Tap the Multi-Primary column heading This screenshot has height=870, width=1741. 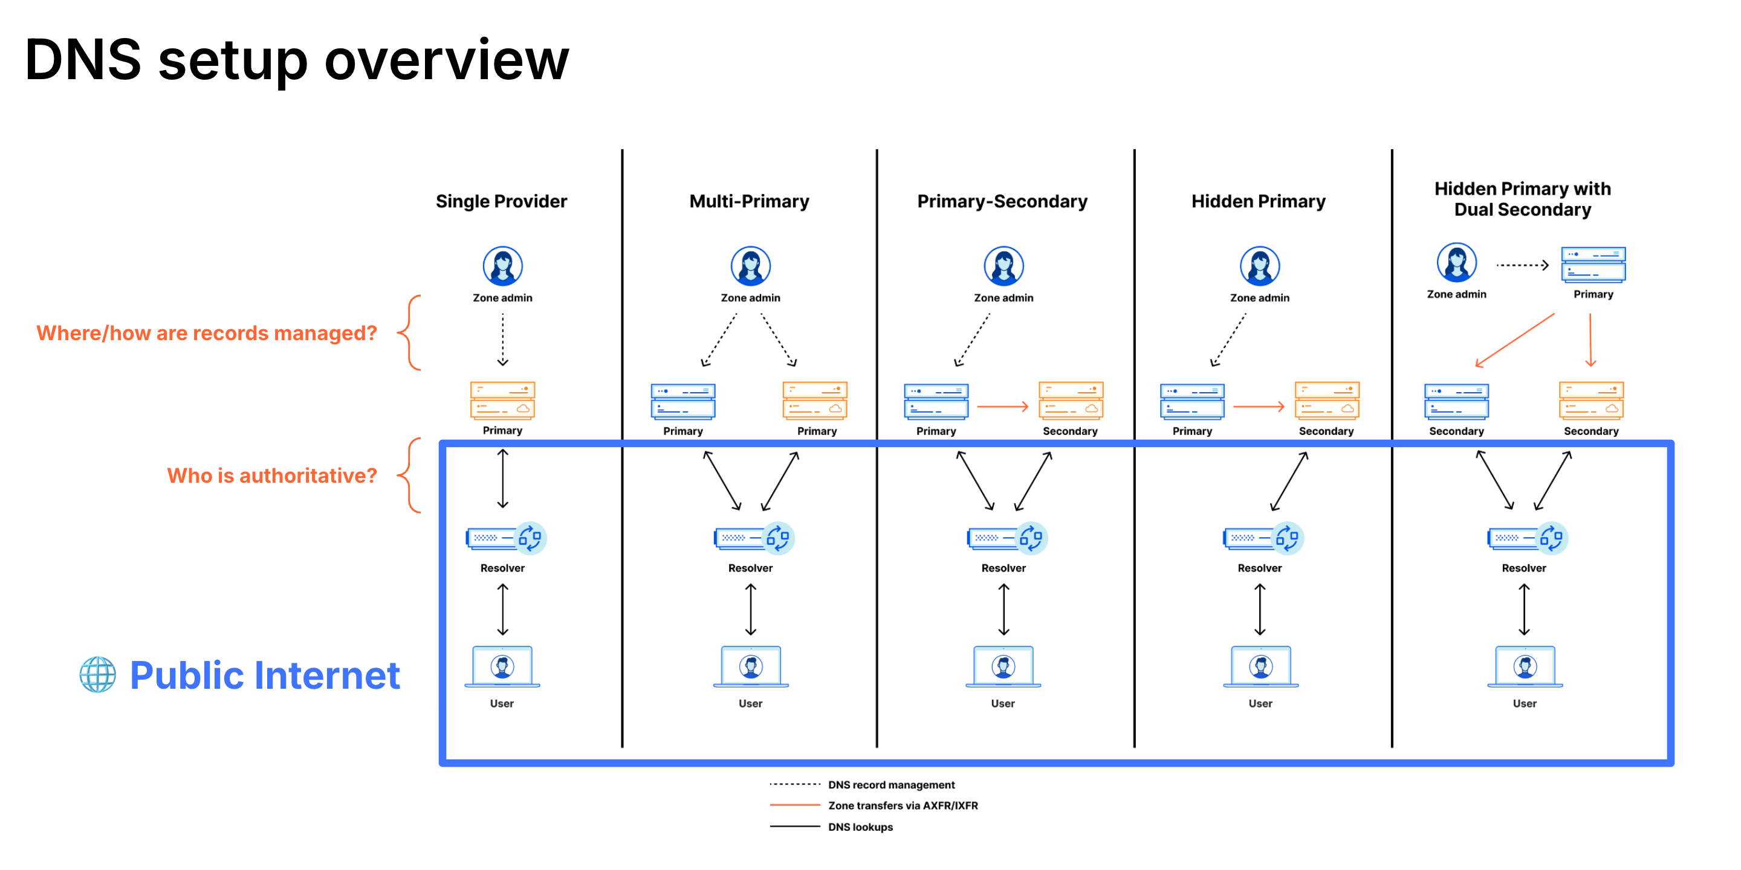tap(749, 201)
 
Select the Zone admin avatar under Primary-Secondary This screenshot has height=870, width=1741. tap(1003, 265)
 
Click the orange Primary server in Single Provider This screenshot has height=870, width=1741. tap(502, 401)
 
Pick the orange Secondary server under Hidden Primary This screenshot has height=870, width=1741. tap(1326, 401)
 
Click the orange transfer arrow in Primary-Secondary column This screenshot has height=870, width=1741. tap(1002, 407)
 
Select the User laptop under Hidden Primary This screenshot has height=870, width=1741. tap(1260, 668)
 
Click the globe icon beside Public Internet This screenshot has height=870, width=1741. tap(97, 675)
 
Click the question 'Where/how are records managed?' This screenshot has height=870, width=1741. tap(206, 333)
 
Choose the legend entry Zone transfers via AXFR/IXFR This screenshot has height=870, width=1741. tap(903, 805)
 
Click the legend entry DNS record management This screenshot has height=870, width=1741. tap(891, 785)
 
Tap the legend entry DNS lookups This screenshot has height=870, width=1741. tap(860, 826)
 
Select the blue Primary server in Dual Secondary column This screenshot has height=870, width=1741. tap(1592, 264)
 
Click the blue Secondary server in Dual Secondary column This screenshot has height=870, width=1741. tap(1456, 401)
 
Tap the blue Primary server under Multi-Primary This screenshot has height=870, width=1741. tap(682, 401)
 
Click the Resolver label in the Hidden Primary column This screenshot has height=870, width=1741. tap(1259, 568)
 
